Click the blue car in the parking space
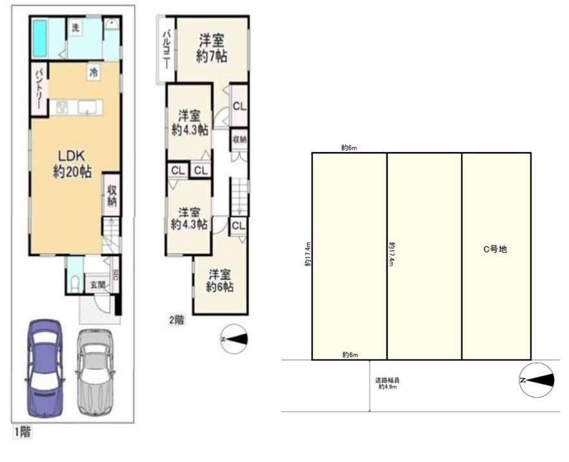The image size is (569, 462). [x=45, y=368]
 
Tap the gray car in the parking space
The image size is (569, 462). [x=95, y=371]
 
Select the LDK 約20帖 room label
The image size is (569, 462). [x=72, y=164]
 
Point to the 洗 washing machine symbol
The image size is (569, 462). [x=75, y=28]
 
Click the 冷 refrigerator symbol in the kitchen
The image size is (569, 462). [x=94, y=72]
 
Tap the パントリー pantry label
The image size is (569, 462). [x=39, y=89]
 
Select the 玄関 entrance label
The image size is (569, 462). [x=97, y=285]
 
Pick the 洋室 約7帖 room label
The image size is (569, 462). [x=212, y=48]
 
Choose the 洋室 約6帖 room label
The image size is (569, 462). [x=219, y=280]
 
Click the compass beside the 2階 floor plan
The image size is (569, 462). [x=234, y=339]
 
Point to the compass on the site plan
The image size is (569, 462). [x=537, y=380]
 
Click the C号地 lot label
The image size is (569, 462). [x=495, y=249]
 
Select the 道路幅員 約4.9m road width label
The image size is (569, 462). [x=387, y=384]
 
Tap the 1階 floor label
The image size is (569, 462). [x=23, y=432]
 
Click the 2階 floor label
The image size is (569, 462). [x=176, y=320]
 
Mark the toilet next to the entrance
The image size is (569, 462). [x=75, y=283]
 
